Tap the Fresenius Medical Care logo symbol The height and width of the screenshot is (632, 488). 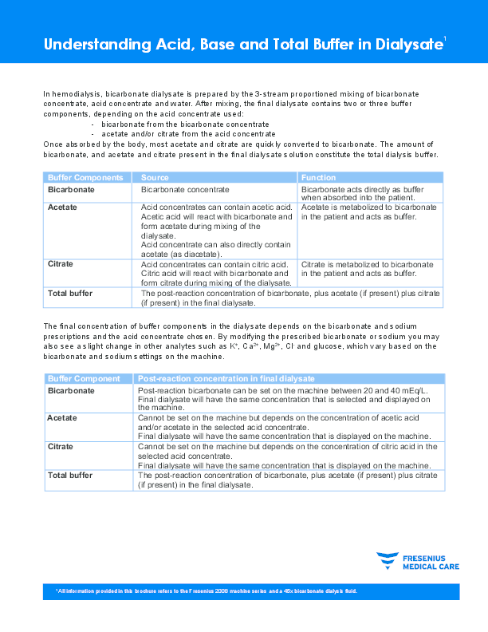[x=388, y=560]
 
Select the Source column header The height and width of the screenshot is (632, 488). [x=155, y=177]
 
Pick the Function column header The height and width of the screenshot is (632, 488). [x=318, y=177]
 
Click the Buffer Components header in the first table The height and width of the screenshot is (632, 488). [x=85, y=177]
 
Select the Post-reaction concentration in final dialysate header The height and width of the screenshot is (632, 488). [x=226, y=378]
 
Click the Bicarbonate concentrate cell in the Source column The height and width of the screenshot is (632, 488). [x=185, y=190]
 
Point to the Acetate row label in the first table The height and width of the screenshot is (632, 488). [x=62, y=207]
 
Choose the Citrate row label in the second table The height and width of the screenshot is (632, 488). [x=61, y=447]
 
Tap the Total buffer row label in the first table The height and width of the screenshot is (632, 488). [x=70, y=294]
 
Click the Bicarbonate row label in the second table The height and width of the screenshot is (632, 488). [x=71, y=391]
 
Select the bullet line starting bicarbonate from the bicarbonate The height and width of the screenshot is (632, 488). [x=185, y=124]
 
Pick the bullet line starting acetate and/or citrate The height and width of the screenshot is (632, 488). [x=188, y=133]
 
